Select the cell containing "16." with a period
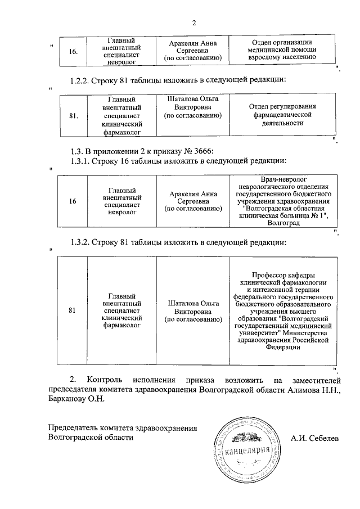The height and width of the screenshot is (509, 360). pyautogui.click(x=73, y=52)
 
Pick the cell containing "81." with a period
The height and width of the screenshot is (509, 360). pyautogui.click(x=73, y=116)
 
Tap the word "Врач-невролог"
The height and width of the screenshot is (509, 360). pyautogui.click(x=283, y=179)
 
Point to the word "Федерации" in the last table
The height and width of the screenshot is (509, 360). pyautogui.click(x=283, y=347)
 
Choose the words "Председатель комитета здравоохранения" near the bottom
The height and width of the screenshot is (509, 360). pyautogui.click(x=123, y=428)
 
